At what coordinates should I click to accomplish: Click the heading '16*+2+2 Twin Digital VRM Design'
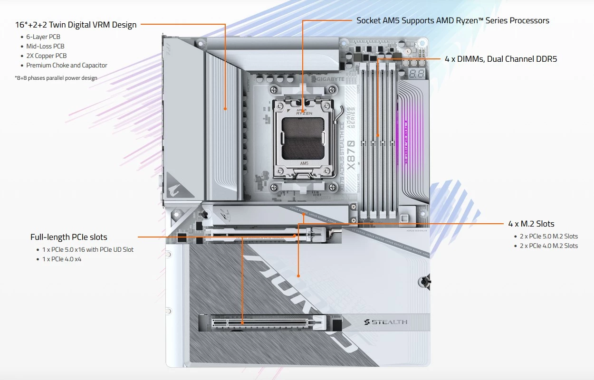76,25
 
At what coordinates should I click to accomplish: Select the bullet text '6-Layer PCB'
43,37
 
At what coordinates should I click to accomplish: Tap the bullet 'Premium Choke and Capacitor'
67,65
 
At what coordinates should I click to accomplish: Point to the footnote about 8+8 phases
56,78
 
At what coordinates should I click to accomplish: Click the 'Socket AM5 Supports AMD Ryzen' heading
452,20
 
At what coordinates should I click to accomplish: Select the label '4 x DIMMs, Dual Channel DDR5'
500,59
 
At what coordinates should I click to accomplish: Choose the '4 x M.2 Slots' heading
531,224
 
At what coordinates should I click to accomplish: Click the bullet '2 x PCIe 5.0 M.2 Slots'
548,236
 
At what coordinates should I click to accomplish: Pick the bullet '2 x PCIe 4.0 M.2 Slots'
548,246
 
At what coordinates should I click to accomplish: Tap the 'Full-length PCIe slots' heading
69,237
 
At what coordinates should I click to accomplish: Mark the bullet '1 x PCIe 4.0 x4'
61,259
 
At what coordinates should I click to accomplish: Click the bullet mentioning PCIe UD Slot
88,249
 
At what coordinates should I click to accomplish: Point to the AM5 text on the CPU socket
304,163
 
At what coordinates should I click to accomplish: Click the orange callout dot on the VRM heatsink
226,108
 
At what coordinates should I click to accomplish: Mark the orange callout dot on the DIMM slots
378,136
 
